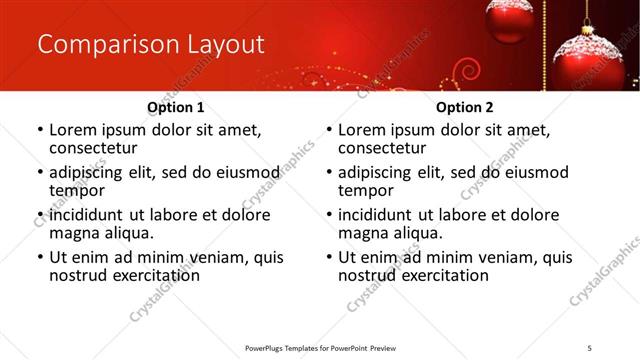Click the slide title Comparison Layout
[150, 45]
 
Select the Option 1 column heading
[175, 107]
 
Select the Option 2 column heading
[464, 107]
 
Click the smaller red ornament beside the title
[510, 20]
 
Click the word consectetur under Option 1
[93, 148]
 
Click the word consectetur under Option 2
[382, 148]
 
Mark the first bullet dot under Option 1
[40, 131]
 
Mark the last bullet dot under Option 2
[329, 258]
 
